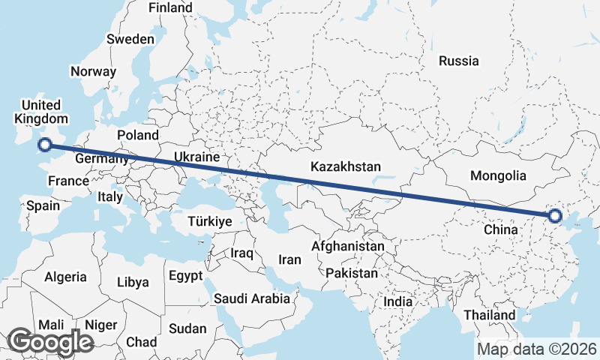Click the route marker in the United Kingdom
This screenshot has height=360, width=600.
pyautogui.click(x=44, y=145)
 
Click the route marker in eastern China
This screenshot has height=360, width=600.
pyautogui.click(x=554, y=216)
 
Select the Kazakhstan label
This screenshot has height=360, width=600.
pyautogui.click(x=347, y=166)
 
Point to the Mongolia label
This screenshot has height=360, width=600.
pyautogui.click(x=498, y=176)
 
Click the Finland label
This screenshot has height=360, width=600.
pyautogui.click(x=170, y=7)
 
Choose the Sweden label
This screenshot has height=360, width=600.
pyautogui.click(x=130, y=39)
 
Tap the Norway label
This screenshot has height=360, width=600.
pyautogui.click(x=93, y=72)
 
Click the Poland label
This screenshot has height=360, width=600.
pyautogui.click(x=138, y=135)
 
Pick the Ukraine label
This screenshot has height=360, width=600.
pyautogui.click(x=196, y=157)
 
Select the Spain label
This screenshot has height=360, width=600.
pyautogui.click(x=43, y=205)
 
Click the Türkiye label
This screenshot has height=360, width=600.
pyautogui.click(x=210, y=222)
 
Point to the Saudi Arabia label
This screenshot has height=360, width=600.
pyautogui.click(x=252, y=298)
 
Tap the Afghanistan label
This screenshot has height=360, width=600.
pyautogui.click(x=348, y=246)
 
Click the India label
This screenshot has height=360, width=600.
pyautogui.click(x=397, y=301)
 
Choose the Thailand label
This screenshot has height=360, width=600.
pyautogui.click(x=490, y=315)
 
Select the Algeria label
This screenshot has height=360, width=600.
pyautogui.click(x=66, y=277)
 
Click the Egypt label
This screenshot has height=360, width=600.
pyautogui.click(x=185, y=275)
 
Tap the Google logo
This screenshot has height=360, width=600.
pyautogui.click(x=50, y=342)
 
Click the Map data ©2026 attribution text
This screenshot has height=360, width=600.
pyautogui.click(x=537, y=349)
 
